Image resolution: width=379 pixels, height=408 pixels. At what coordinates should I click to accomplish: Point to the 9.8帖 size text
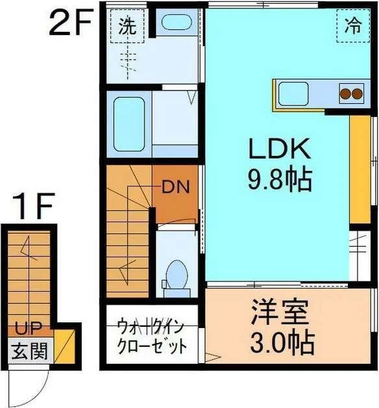pos(280,179)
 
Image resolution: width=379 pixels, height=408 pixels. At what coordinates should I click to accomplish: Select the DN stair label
pos(175,188)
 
